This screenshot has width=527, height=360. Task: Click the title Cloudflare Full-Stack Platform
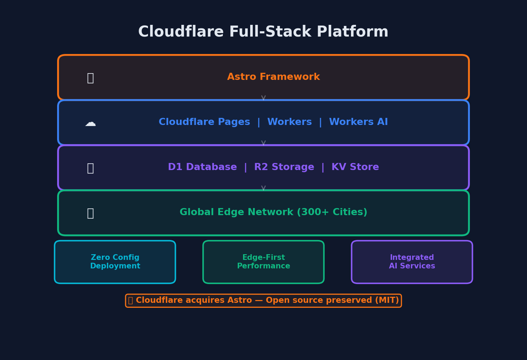[263, 32]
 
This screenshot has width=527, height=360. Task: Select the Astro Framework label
[273, 77]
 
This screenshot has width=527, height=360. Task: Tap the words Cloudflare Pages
[204, 122]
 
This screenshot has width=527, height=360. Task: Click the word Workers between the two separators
[289, 122]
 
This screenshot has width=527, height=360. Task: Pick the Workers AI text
[358, 122]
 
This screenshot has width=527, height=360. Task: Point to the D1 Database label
[202, 167]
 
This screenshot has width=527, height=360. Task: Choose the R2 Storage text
[284, 167]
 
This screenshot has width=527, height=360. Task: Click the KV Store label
[355, 167]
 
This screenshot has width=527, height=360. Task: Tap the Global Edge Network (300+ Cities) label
[273, 212]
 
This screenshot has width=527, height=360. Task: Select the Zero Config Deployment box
[115, 262]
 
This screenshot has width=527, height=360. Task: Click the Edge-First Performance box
[263, 262]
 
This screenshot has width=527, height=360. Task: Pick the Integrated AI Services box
[412, 262]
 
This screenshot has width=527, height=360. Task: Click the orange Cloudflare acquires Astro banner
[263, 300]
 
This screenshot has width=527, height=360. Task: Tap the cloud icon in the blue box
[90, 123]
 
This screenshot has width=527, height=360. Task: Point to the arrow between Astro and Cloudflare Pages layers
[263, 98]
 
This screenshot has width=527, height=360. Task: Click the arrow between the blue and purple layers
[263, 143]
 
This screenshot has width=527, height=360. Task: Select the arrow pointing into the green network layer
[263, 188]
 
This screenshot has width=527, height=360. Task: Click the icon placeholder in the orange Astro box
[90, 78]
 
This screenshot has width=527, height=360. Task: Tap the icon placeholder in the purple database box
[90, 168]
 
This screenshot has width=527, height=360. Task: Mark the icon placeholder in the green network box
[90, 213]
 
